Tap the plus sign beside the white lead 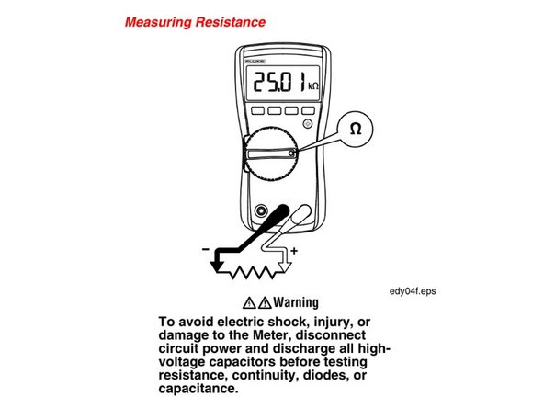[x=294, y=250]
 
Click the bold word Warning [x=293, y=302]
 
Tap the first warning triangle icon [x=249, y=302]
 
